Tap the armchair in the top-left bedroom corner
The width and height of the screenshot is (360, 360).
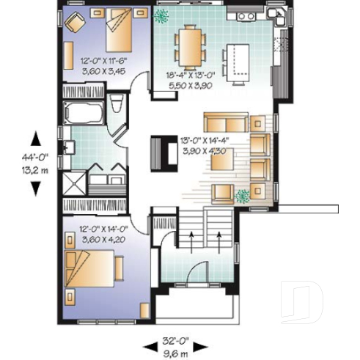coord(75,22)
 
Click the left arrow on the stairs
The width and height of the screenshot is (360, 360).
coord(192,238)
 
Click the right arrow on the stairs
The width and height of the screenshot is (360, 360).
coord(221,238)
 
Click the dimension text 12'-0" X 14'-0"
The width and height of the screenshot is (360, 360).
coord(106,228)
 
